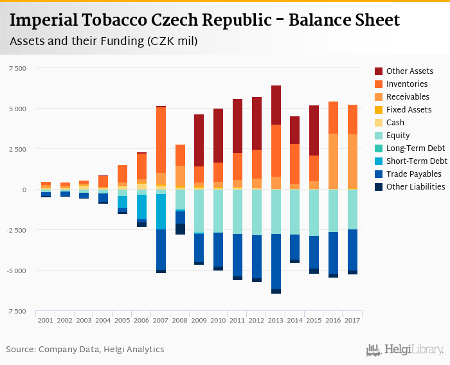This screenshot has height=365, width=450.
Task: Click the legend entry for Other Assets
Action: click(410, 71)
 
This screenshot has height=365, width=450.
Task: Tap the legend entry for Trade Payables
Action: click(413, 174)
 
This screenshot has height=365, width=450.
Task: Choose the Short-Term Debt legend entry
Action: click(417, 161)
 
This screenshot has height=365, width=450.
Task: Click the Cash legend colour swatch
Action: click(379, 122)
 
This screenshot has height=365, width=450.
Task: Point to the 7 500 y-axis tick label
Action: click(17, 67)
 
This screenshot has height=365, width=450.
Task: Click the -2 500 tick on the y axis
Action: click(16, 230)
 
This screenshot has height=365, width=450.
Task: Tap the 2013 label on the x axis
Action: click(276, 319)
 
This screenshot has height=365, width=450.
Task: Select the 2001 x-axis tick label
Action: click(46, 319)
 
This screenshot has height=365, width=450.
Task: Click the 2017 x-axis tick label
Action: click(352, 319)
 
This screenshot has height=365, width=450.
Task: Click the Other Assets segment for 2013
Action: click(276, 105)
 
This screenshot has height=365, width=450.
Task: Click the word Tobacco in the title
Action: click(111, 20)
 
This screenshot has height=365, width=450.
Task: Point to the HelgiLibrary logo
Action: click(405, 350)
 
